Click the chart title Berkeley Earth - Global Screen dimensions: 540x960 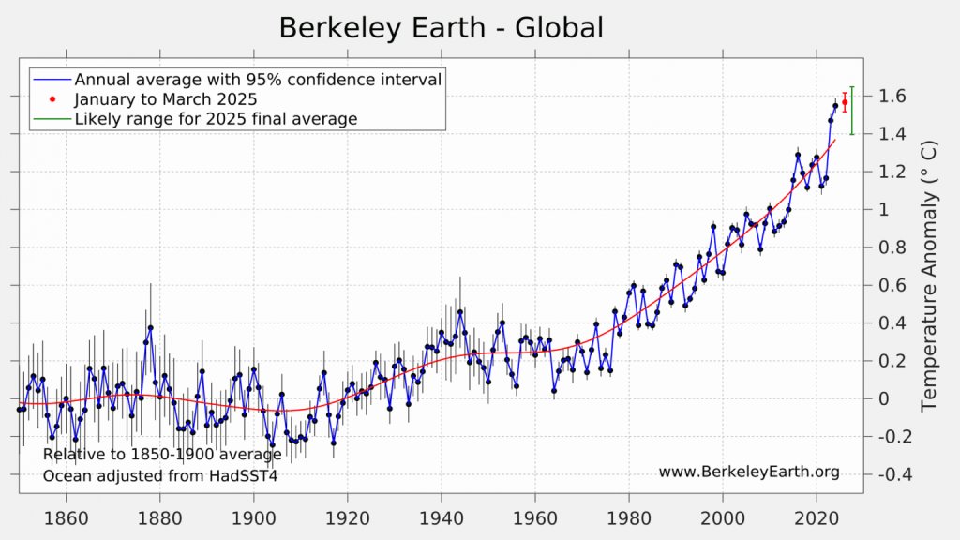442,28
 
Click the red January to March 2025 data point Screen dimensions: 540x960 845,102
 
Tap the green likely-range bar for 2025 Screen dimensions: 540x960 851,111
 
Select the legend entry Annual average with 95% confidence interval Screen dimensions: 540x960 258,80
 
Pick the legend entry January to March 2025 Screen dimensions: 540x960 166,99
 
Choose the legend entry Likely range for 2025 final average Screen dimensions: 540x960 216,119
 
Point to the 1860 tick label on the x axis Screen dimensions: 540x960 67,517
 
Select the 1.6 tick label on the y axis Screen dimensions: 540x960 892,97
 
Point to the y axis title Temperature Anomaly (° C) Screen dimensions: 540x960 929,277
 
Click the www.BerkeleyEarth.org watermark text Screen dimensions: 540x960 749,472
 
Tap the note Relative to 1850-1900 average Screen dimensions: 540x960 162,456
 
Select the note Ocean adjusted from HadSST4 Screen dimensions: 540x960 160,475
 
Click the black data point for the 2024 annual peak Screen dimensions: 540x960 835,105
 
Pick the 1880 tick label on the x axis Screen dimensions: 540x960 160,517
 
